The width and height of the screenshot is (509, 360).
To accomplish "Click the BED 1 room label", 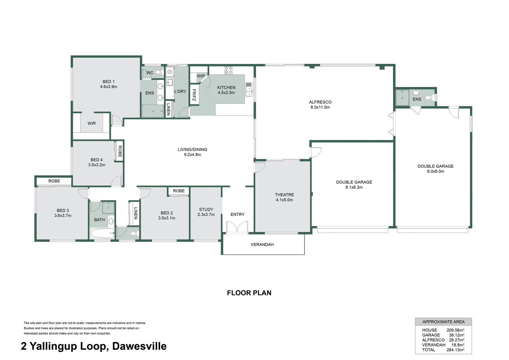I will (109, 82).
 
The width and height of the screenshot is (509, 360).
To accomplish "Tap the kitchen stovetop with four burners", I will (229, 70).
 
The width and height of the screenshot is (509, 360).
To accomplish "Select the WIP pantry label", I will (201, 76).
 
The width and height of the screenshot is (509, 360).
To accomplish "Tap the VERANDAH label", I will (262, 245).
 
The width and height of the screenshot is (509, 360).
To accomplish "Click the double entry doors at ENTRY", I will (237, 228).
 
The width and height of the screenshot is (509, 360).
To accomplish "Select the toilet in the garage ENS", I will (432, 98).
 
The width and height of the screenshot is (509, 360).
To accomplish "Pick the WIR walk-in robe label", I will (92, 123).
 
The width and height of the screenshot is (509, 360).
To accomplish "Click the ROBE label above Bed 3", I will (54, 181).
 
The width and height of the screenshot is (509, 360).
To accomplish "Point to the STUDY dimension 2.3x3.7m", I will (206, 215).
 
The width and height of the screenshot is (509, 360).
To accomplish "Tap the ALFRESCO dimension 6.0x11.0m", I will (320, 107).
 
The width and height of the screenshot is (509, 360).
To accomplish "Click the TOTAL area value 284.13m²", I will (455, 350).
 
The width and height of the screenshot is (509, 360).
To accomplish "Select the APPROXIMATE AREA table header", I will (443, 322).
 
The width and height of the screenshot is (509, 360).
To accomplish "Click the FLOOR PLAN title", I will (249, 293).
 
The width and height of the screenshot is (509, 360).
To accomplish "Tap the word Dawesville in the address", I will (139, 346).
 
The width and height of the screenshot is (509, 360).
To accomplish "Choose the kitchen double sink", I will (249, 89).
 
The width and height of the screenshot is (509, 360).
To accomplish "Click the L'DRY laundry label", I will (180, 91).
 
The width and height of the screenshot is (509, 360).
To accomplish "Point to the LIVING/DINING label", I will (193, 150).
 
